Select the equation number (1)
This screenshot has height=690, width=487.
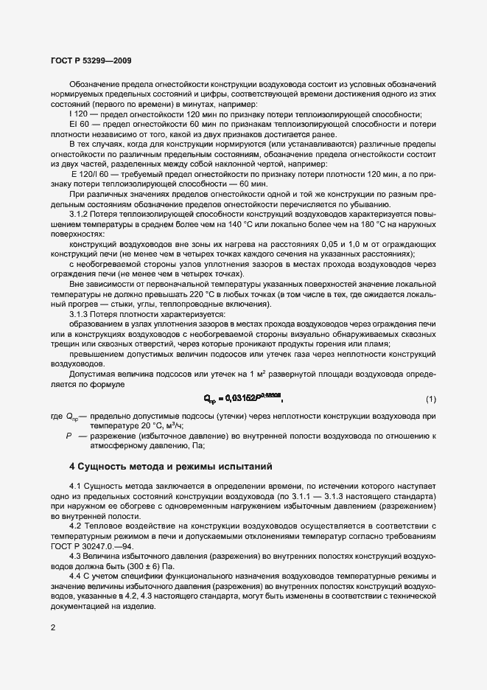431,399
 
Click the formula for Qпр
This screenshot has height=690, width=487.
243,399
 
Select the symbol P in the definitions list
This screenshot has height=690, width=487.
69,436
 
